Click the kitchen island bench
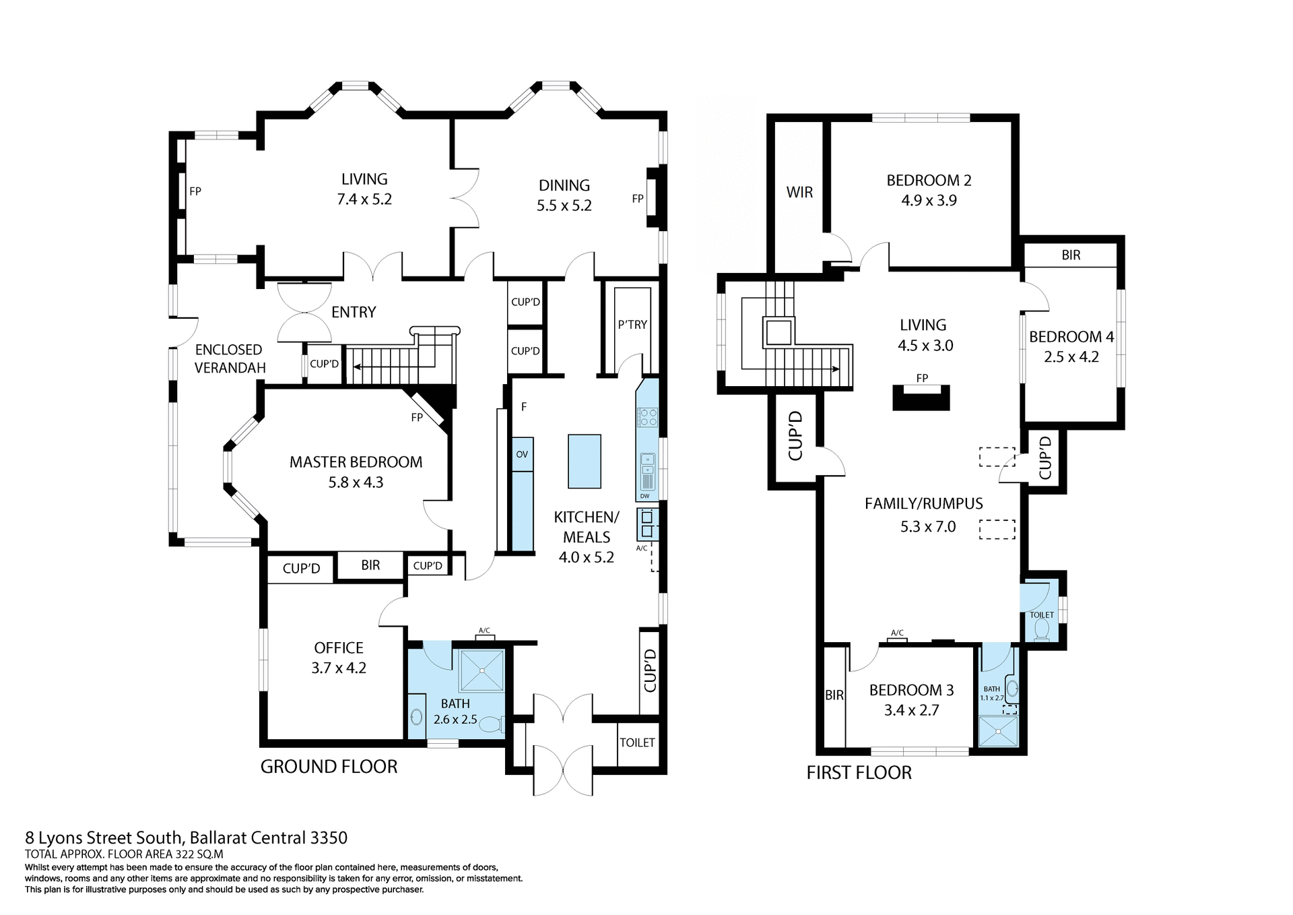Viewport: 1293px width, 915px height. tap(584, 461)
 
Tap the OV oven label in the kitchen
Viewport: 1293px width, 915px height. tap(522, 454)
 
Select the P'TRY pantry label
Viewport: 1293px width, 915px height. tap(632, 324)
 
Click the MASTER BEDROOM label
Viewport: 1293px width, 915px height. tap(356, 462)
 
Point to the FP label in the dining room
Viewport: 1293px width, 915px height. tap(637, 199)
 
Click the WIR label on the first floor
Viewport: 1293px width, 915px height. tap(799, 192)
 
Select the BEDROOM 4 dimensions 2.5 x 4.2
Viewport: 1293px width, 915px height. tap(1071, 357)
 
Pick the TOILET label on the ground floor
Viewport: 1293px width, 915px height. tap(637, 743)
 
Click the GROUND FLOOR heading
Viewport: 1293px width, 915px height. tap(329, 767)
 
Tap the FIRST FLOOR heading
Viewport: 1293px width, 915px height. tap(859, 773)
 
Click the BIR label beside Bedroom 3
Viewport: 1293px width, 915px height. tap(834, 695)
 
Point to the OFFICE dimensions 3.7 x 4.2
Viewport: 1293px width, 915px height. tap(338, 668)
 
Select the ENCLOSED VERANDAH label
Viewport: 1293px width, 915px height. tap(229, 358)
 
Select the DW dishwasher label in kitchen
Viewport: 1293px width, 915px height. tap(644, 497)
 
